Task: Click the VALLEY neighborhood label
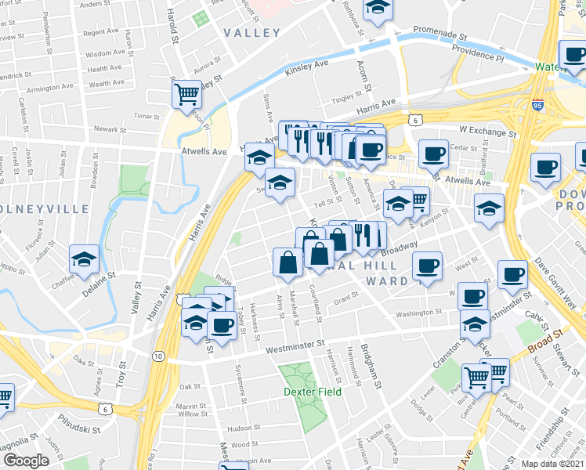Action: [x=251, y=33]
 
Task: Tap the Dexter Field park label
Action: [x=312, y=392]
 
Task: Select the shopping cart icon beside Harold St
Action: [x=186, y=95]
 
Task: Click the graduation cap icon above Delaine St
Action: [x=84, y=259]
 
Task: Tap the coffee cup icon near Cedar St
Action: [x=432, y=153]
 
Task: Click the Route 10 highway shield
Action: [x=158, y=356]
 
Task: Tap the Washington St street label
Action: [x=419, y=313]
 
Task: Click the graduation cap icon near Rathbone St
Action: [x=378, y=10]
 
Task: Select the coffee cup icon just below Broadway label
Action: [x=427, y=266]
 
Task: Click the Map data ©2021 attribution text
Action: [x=552, y=464]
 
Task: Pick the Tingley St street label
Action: [x=346, y=98]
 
